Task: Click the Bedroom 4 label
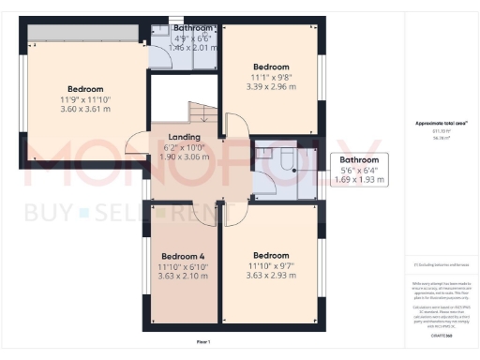(183, 256)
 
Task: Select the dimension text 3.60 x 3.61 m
(86, 109)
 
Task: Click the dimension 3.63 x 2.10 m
(183, 277)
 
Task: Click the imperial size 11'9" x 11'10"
(86, 98)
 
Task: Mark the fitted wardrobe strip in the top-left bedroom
(84, 33)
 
